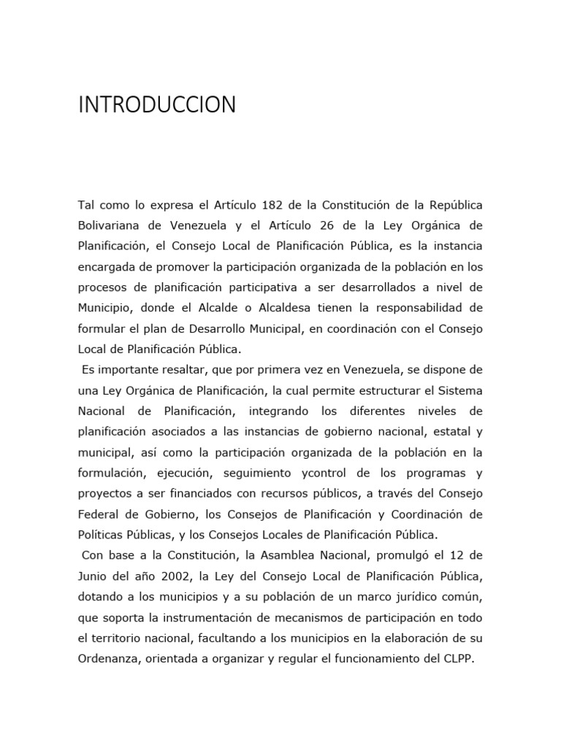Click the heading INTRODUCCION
coord(157,105)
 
